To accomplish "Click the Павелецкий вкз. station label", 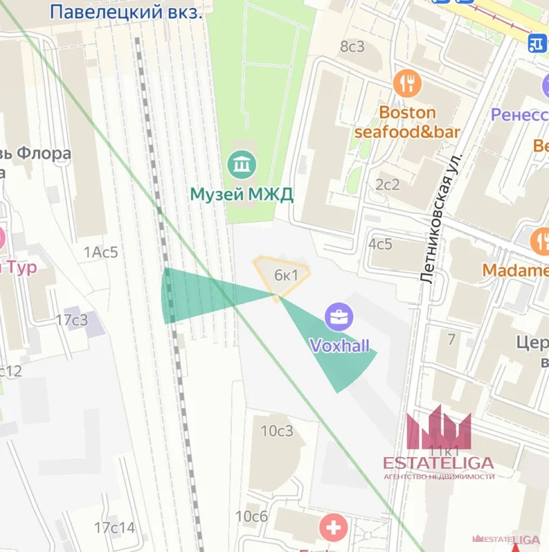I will click(126, 11).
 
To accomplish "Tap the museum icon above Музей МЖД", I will click(241, 165).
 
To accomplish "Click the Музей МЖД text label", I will click(241, 194).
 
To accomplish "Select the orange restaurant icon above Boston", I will click(407, 84).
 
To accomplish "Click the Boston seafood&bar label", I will click(407, 122).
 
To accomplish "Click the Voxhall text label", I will click(339, 346).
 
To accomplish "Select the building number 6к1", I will click(286, 275).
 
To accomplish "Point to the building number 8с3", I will click(352, 47).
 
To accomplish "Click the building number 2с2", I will click(387, 185).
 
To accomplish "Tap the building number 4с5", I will click(380, 244).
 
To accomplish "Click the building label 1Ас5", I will click(101, 252).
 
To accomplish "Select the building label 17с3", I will click(72, 320).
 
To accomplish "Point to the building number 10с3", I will click(277, 431).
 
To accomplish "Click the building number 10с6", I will click(252, 516).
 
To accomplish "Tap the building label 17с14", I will click(114, 528).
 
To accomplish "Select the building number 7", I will click(451, 339).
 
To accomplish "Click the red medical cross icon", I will click(334, 528).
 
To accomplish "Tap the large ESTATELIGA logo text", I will click(438, 462).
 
